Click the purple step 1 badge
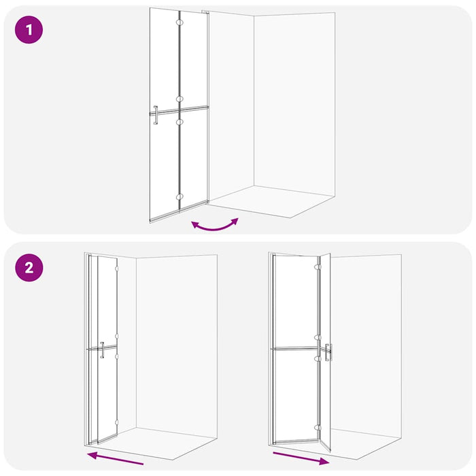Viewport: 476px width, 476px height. (x=29, y=31)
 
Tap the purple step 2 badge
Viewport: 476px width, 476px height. (x=29, y=267)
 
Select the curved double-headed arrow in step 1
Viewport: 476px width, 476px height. (x=215, y=224)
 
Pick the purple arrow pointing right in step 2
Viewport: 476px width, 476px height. (x=301, y=456)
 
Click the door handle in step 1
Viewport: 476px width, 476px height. (x=156, y=115)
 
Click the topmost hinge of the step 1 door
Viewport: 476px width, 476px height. (x=180, y=22)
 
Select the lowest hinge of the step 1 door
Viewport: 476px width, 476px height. (x=180, y=197)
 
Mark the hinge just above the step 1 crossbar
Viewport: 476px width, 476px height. (x=180, y=99)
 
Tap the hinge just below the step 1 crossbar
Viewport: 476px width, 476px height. (x=180, y=120)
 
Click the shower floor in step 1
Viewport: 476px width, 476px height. (x=272, y=201)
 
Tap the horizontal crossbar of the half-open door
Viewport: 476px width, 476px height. (x=296, y=349)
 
